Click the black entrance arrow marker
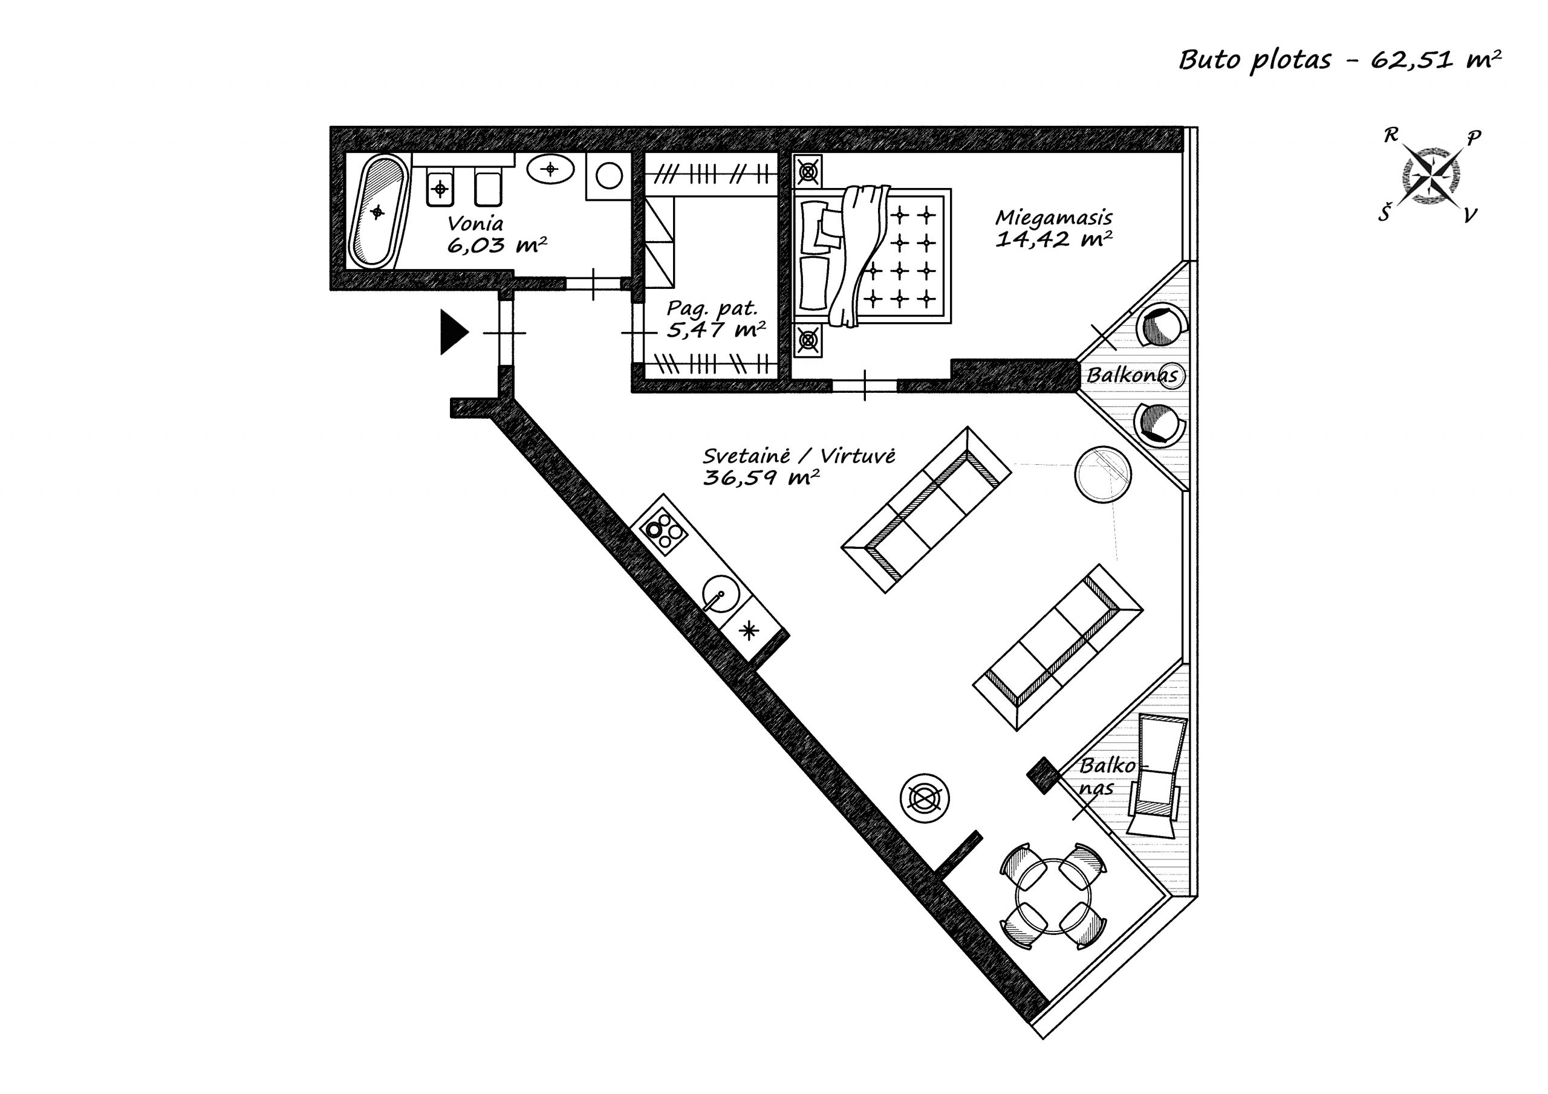pos(454,332)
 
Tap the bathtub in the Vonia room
pos(377,212)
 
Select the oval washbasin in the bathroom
pos(550,169)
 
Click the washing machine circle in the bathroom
pos(610,176)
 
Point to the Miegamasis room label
pos(1054,218)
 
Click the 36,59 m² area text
pos(761,478)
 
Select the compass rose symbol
pos(1429,176)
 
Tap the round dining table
pos(1053,897)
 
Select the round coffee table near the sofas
pos(1103,474)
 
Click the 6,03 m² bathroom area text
pos(497,245)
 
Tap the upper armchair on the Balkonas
pos(1161,326)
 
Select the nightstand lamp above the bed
pos(808,172)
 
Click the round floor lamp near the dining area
pos(925,797)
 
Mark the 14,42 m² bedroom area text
pos(1054,239)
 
